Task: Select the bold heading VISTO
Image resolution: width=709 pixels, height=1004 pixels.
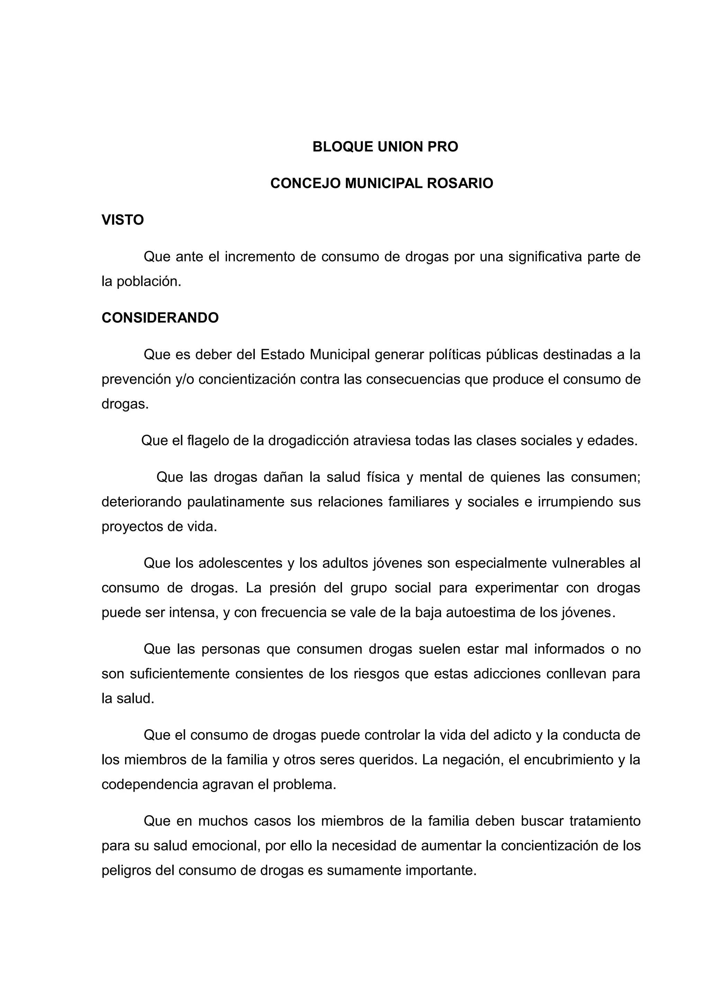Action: tap(123, 220)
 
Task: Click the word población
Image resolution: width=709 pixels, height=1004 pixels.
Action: tap(149, 282)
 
